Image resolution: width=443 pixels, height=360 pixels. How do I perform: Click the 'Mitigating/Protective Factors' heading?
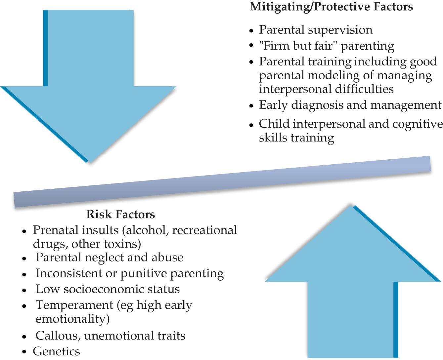(331, 7)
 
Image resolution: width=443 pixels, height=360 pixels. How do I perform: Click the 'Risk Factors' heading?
(121, 214)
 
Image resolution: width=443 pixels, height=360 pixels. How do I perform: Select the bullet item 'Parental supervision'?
(316, 30)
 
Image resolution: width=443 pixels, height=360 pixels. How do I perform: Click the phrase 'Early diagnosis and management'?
(350, 105)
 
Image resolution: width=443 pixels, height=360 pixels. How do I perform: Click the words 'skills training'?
(296, 138)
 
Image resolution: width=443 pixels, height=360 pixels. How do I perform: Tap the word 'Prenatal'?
(55, 230)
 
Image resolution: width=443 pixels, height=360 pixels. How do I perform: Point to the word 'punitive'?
(144, 273)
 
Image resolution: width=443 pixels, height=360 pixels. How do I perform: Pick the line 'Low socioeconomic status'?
(108, 289)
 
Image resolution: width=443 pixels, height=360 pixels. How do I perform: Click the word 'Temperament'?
(74, 305)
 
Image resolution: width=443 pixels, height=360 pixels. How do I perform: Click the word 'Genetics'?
(56, 351)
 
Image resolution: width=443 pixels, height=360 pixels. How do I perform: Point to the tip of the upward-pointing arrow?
(351, 205)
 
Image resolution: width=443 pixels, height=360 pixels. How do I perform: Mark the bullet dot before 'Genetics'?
(24, 352)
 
